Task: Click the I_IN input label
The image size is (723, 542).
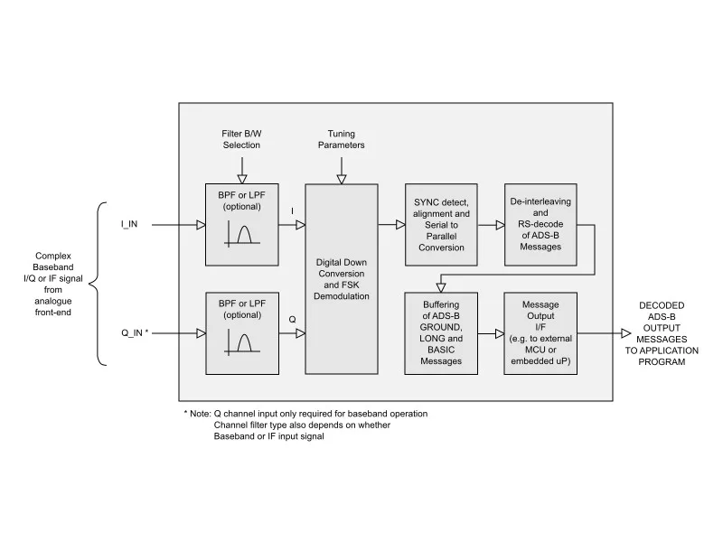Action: (129, 224)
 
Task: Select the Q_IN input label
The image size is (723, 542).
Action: (135, 332)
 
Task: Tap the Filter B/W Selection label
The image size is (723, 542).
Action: (241, 139)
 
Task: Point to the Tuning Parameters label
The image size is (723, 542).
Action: (342, 139)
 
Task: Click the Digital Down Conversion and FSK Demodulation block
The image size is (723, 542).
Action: (342, 279)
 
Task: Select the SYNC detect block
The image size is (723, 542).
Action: (441, 225)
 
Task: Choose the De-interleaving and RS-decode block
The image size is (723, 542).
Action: (540, 225)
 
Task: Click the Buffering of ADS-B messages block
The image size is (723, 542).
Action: (441, 333)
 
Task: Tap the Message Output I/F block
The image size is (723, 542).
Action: (540, 333)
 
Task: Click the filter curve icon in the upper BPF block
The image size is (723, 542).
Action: (242, 234)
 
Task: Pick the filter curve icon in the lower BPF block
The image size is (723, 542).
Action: (242, 343)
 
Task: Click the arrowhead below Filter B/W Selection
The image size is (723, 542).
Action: (242, 179)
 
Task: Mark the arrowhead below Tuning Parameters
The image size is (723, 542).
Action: (342, 179)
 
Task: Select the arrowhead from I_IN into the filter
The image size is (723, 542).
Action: (201, 225)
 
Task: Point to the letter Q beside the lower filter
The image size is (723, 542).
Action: (292, 320)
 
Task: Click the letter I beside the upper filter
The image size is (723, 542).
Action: (292, 211)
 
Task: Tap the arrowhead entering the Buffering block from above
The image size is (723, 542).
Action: (441, 287)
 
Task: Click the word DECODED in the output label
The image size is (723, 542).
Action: (662, 305)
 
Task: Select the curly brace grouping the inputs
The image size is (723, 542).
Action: (98, 284)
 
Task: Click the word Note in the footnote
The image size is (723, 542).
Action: (200, 414)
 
